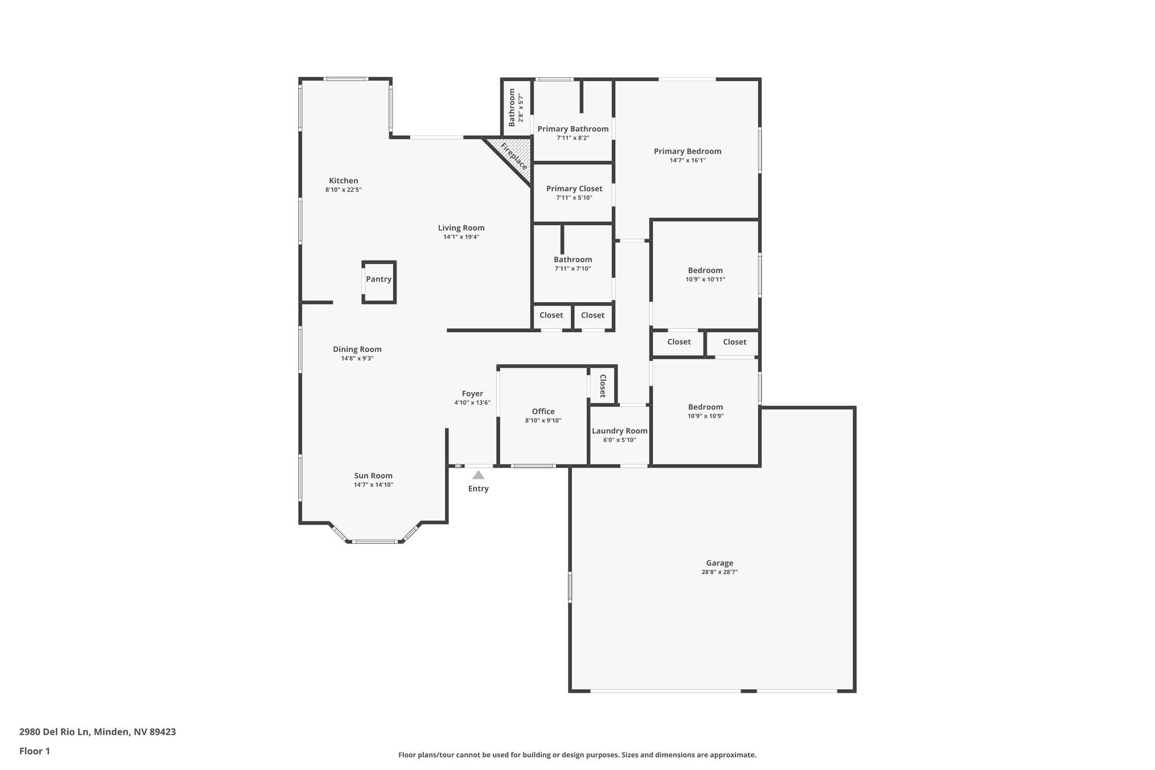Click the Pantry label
[x=378, y=279]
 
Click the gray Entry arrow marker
[x=478, y=475]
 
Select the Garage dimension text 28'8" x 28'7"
[x=720, y=572]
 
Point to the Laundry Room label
[x=619, y=431]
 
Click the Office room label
[x=543, y=411]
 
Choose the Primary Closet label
[x=574, y=188]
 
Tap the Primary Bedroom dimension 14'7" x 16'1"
[x=687, y=160]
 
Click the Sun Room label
[x=373, y=476]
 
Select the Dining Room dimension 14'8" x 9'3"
[x=357, y=358]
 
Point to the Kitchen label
[x=343, y=181]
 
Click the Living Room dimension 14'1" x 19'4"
[x=461, y=237]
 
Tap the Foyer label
[x=472, y=394]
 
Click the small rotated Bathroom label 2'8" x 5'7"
[x=516, y=107]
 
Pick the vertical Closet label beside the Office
[x=602, y=386]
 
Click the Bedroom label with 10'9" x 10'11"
[x=705, y=270]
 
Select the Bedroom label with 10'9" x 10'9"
[x=705, y=407]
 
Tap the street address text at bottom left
[x=98, y=732]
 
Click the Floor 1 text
[x=34, y=751]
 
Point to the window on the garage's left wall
[x=570, y=587]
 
